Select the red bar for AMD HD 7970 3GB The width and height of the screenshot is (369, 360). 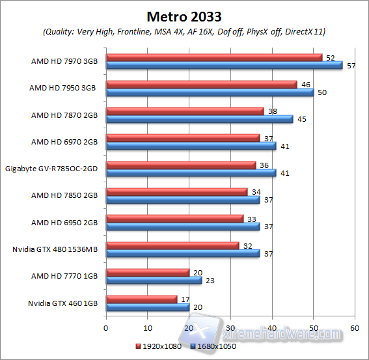[214, 58]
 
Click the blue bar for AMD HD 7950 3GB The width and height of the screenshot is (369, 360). [210, 92]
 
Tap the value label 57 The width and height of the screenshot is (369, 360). [349, 66]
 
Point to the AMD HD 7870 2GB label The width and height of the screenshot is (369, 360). [64, 115]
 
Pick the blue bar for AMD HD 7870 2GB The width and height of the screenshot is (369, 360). [199, 119]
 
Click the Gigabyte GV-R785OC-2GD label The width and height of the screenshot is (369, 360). [51, 169]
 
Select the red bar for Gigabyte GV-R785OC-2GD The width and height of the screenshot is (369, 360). [180, 165]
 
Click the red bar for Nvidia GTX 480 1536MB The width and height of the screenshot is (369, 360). [172, 245]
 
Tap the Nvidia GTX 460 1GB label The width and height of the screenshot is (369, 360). [63, 303]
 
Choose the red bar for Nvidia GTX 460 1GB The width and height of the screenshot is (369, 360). [141, 299]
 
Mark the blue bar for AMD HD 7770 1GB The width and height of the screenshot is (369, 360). [154, 280]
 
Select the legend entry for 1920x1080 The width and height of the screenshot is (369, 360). [159, 347]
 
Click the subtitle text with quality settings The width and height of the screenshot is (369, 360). [184, 31]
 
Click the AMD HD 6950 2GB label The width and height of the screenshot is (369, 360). [64, 223]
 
